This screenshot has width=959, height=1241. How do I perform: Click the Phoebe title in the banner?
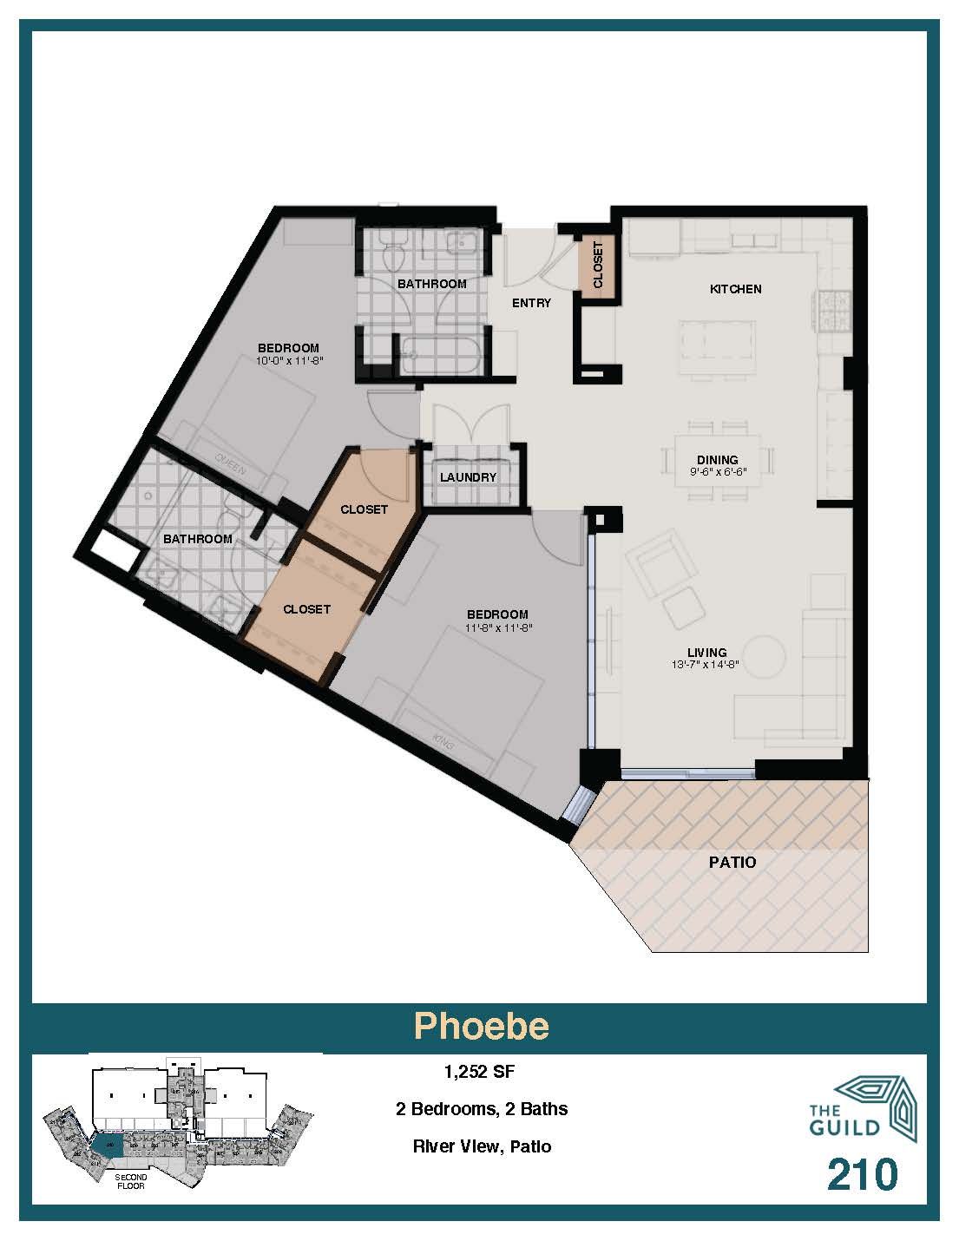(481, 1026)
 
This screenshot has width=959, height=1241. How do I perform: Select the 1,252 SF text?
(480, 1072)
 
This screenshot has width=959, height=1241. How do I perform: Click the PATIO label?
(732, 863)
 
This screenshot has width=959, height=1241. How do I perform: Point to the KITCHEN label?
(735, 289)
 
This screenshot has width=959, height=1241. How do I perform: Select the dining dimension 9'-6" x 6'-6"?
(717, 473)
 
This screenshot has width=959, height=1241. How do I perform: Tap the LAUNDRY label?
(468, 477)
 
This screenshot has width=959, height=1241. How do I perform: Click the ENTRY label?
(531, 303)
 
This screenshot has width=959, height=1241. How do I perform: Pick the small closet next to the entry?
(597, 264)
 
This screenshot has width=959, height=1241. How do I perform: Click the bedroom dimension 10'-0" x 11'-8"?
(292, 360)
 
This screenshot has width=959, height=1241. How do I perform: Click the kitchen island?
(717, 347)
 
